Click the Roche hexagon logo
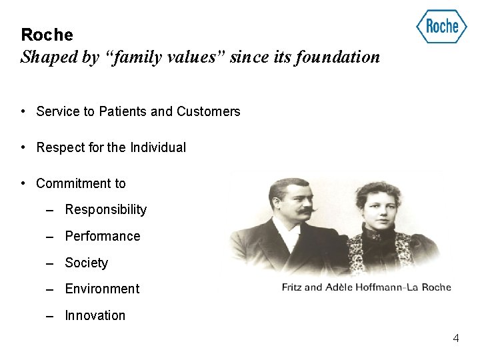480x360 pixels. pyautogui.click(x=441, y=27)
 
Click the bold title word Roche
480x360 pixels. pyautogui.click(x=47, y=35)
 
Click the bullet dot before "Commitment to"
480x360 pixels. pyautogui.click(x=23, y=183)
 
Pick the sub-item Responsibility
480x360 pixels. pyautogui.click(x=105, y=210)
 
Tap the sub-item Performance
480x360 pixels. pyautogui.click(x=102, y=237)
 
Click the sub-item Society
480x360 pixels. pyautogui.click(x=86, y=263)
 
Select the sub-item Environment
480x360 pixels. pyautogui.click(x=102, y=289)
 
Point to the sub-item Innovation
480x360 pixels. pyautogui.click(x=95, y=316)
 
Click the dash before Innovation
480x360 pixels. pyautogui.click(x=50, y=316)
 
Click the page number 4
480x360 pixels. pyautogui.click(x=456, y=339)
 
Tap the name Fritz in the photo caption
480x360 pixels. pyautogui.click(x=292, y=288)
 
